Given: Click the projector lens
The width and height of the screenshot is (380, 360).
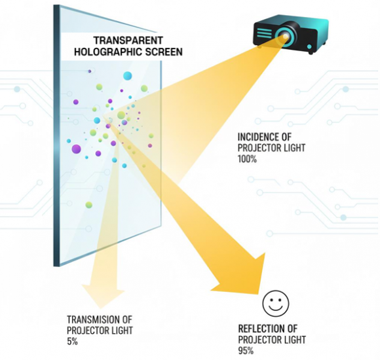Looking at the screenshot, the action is [286, 36].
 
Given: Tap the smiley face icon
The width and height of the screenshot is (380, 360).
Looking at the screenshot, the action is [276, 304].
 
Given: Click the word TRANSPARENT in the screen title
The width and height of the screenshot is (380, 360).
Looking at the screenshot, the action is [128, 40].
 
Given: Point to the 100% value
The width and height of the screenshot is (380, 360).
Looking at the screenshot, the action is [247, 159].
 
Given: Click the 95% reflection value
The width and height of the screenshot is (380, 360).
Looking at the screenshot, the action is [246, 351].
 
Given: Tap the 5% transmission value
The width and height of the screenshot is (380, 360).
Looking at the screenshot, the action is [72, 342].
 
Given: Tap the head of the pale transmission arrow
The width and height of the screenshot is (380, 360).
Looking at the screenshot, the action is [103, 296].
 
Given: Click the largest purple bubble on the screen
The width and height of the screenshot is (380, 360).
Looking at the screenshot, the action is [76, 149].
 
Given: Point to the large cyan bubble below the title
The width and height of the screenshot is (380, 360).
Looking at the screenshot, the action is [128, 76].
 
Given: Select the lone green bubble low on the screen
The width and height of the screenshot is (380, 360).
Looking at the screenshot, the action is [89, 205].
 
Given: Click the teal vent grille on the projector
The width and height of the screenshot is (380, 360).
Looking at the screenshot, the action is [264, 32].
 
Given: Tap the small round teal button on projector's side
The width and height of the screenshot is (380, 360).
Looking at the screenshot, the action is [309, 46].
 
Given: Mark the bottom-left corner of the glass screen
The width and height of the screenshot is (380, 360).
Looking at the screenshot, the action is [54, 266].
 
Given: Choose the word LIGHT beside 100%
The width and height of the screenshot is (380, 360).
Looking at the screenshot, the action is [294, 148].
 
